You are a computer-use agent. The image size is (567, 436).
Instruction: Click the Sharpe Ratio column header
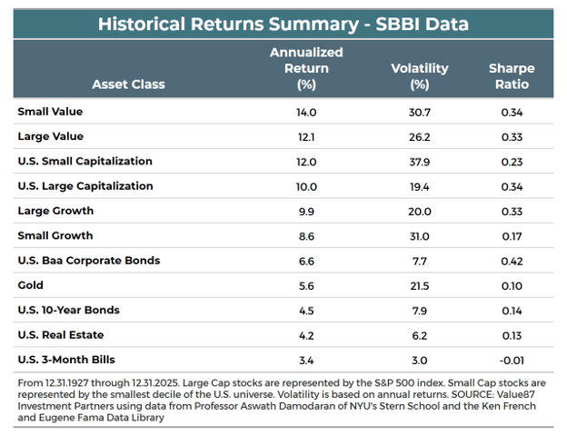512,76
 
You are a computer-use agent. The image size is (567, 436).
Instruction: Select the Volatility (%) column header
420,76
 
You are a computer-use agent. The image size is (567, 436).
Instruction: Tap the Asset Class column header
128,84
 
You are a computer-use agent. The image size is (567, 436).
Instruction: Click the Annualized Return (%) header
306,68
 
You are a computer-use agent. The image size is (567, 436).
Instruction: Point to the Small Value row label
50,112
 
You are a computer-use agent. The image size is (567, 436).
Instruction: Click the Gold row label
30,285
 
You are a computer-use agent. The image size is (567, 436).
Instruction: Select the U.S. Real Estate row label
61,335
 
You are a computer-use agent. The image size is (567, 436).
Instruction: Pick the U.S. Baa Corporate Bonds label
89,261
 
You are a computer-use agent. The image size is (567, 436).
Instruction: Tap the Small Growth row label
55,236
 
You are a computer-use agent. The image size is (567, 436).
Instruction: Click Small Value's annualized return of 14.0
306,113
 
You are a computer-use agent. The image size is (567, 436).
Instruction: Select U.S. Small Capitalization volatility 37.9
420,162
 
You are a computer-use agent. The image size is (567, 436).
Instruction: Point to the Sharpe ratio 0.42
512,261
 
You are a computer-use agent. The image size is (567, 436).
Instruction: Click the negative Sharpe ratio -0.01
512,361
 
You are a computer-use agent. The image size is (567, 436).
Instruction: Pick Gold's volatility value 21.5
420,286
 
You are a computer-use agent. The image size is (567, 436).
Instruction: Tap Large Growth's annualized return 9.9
306,212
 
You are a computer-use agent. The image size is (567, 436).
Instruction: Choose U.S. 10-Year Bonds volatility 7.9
420,311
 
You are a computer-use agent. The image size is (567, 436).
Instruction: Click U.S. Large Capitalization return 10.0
306,187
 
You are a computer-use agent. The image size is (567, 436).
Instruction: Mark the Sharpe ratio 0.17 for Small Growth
512,236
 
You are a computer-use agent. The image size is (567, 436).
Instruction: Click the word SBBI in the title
397,25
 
